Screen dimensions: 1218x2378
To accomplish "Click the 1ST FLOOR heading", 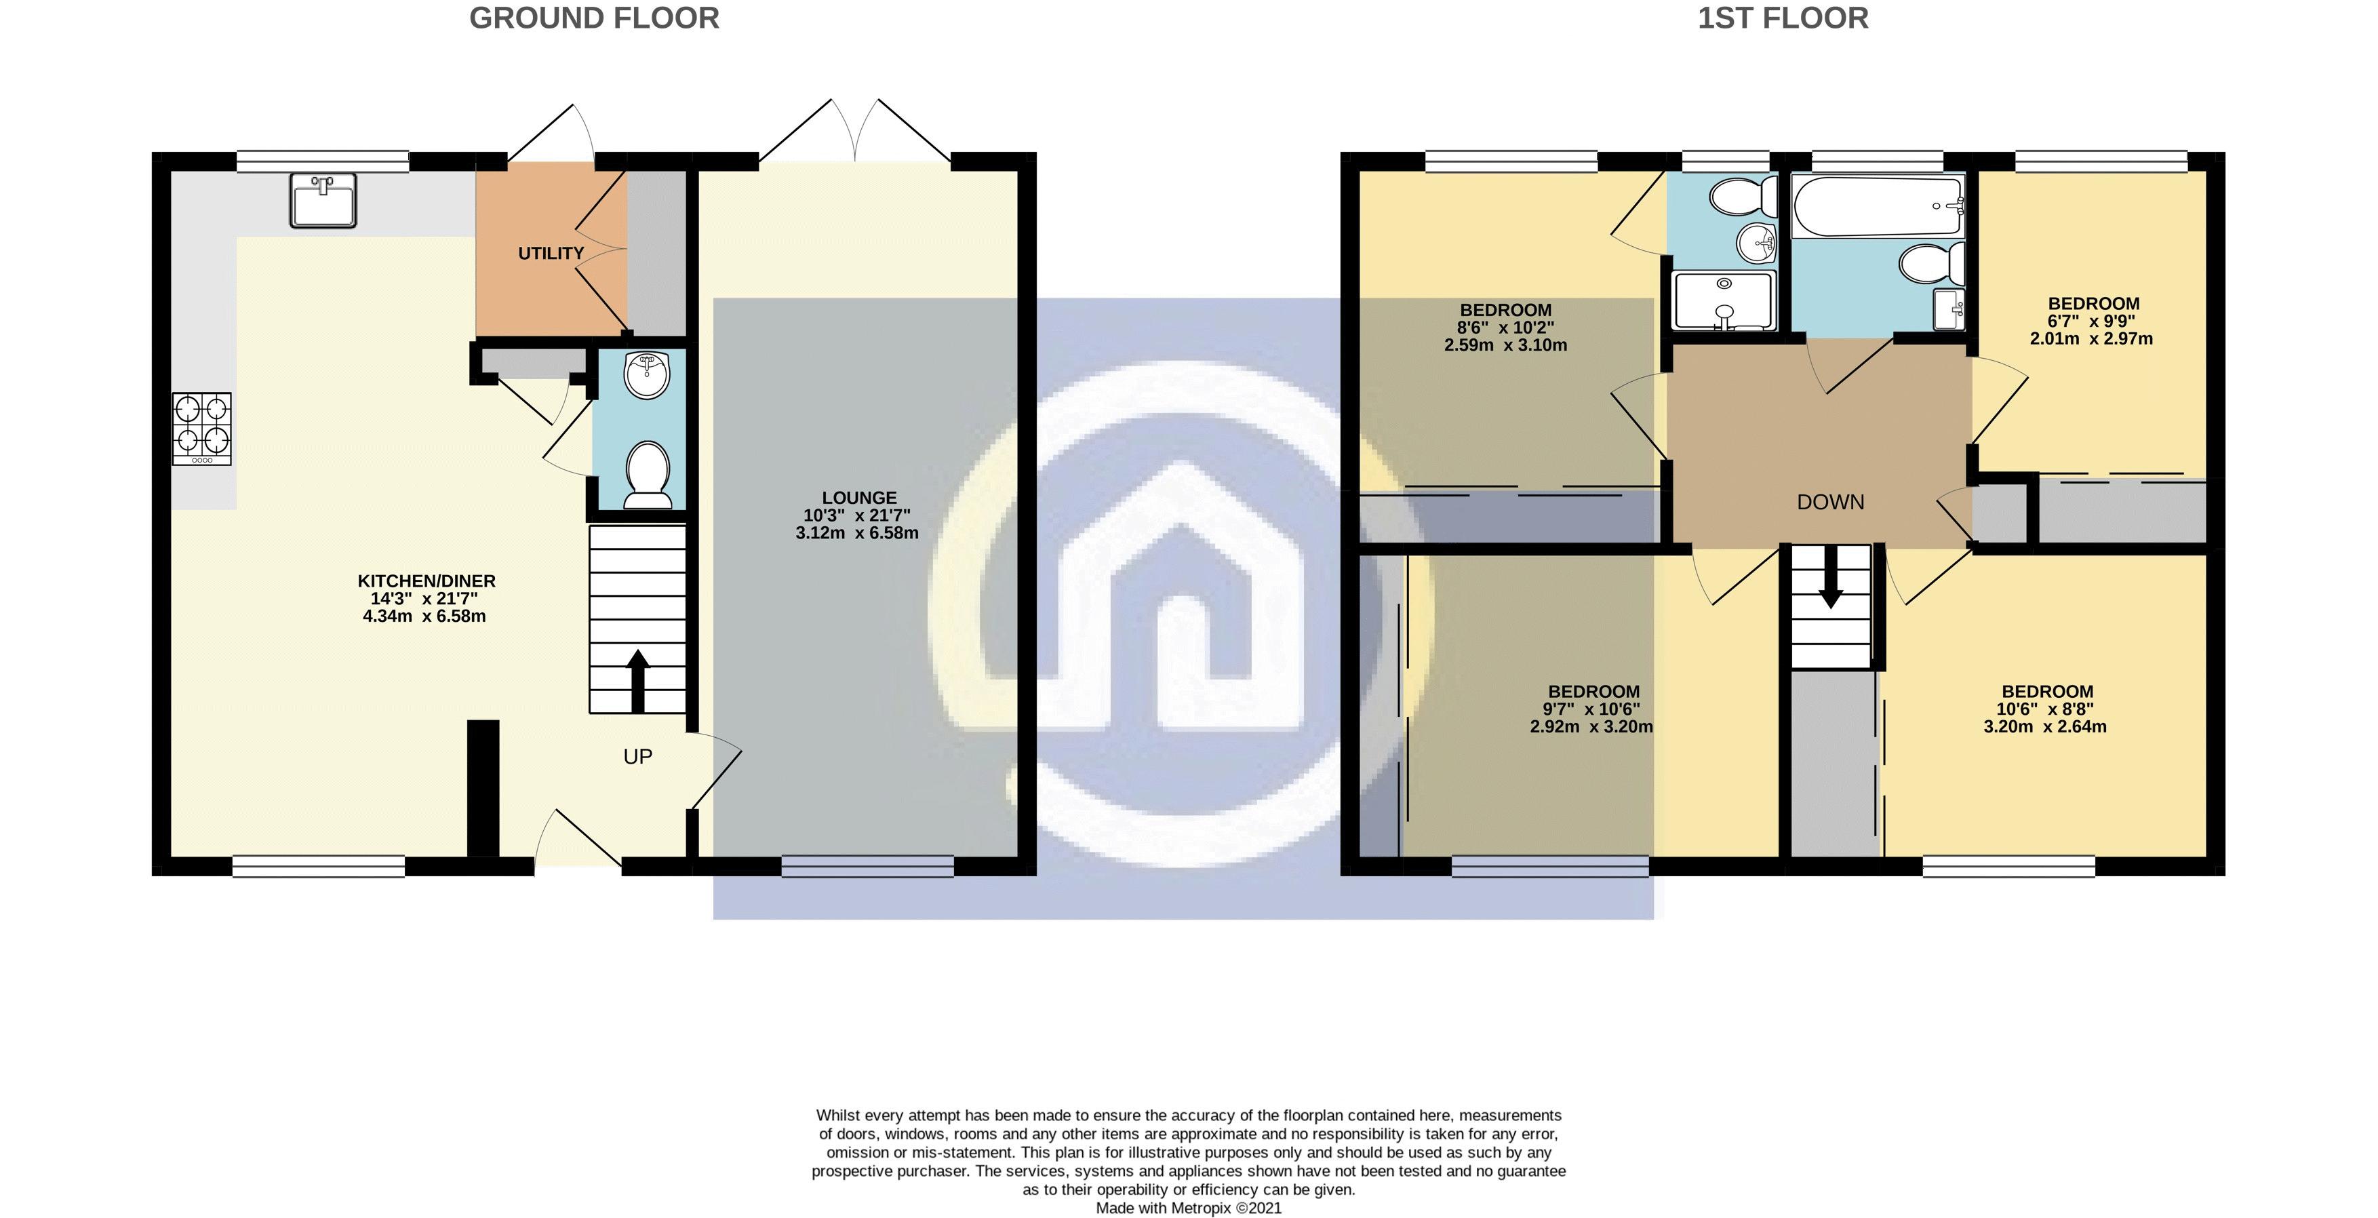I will coord(1783,18).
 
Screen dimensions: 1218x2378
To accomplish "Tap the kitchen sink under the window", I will coord(322,199).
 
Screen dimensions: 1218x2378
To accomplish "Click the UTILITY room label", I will coord(551,253).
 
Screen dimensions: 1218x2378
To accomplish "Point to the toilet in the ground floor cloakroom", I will coord(648,475).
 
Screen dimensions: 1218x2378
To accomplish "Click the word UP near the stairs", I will coord(638,758).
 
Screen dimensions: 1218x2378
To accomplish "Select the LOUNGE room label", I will coord(858,498).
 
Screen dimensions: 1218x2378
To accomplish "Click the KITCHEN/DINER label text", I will coord(427,581).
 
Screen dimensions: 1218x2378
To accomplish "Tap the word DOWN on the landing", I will coord(1831,503).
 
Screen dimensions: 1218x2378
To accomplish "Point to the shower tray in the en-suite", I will coord(1724,300).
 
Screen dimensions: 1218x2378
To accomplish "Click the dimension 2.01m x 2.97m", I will coord(2091,339).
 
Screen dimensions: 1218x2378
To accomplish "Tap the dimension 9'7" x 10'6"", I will coord(1592,709).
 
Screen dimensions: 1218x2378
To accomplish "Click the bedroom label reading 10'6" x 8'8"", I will coord(2046,709).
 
